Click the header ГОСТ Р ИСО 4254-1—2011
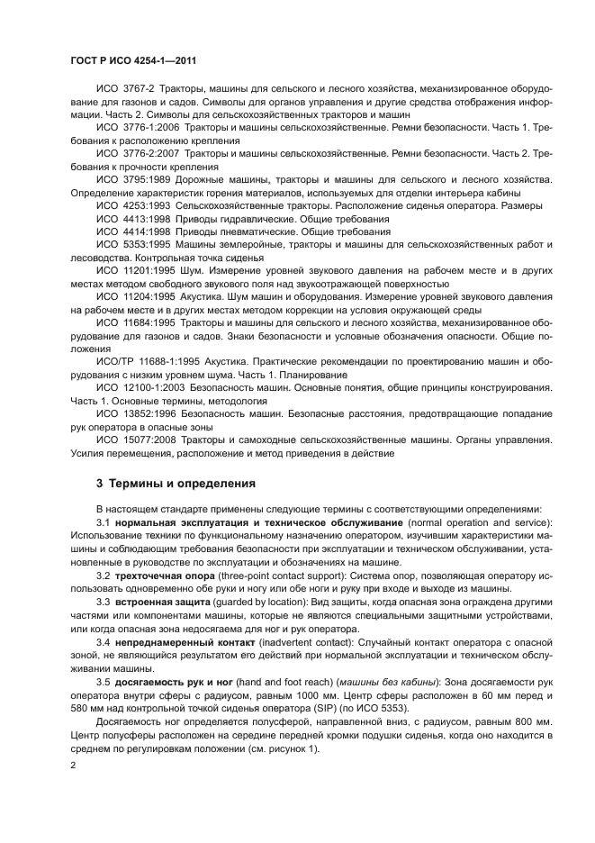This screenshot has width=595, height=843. (x=133, y=60)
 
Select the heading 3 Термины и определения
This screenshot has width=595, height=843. (x=176, y=483)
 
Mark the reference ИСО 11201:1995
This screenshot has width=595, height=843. (x=134, y=271)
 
